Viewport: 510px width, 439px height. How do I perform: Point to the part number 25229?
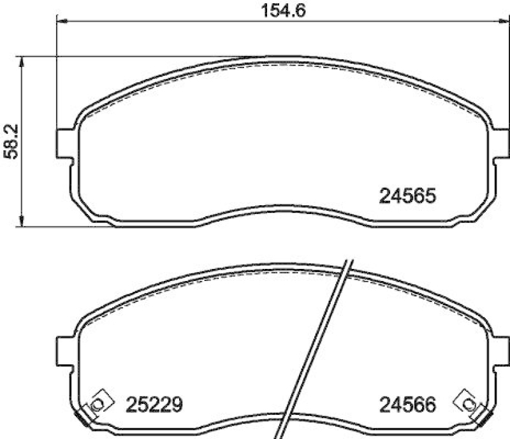pos(156,404)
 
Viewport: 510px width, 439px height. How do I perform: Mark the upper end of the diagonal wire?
pos(348,261)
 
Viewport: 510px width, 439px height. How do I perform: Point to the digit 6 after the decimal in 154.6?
pos(300,10)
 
